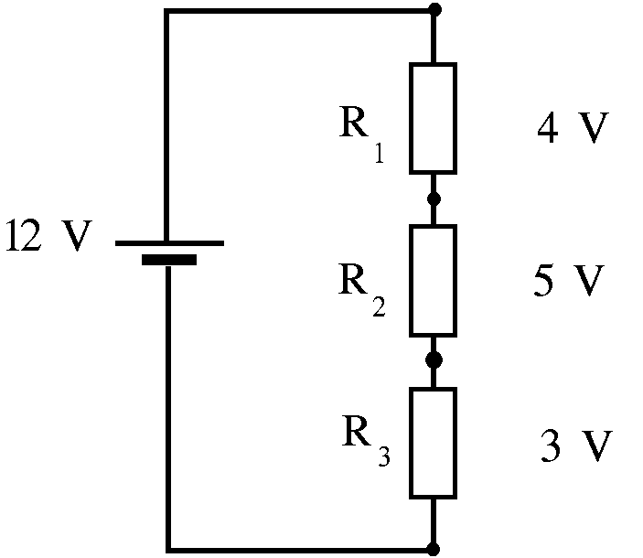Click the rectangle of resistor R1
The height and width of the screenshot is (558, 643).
click(433, 118)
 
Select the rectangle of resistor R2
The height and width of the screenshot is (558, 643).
click(433, 280)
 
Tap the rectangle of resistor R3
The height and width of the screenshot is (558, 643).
click(433, 443)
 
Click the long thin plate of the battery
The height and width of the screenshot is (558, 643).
click(169, 243)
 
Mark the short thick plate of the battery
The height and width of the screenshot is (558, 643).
click(169, 260)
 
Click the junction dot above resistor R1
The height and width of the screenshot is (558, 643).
click(434, 11)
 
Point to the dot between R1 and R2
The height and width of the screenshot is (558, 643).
click(434, 198)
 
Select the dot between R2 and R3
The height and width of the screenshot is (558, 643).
click(434, 360)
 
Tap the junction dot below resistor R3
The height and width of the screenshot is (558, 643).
click(434, 549)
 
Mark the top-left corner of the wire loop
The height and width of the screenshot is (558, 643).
click(166, 11)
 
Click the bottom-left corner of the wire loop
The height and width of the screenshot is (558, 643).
click(166, 549)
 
